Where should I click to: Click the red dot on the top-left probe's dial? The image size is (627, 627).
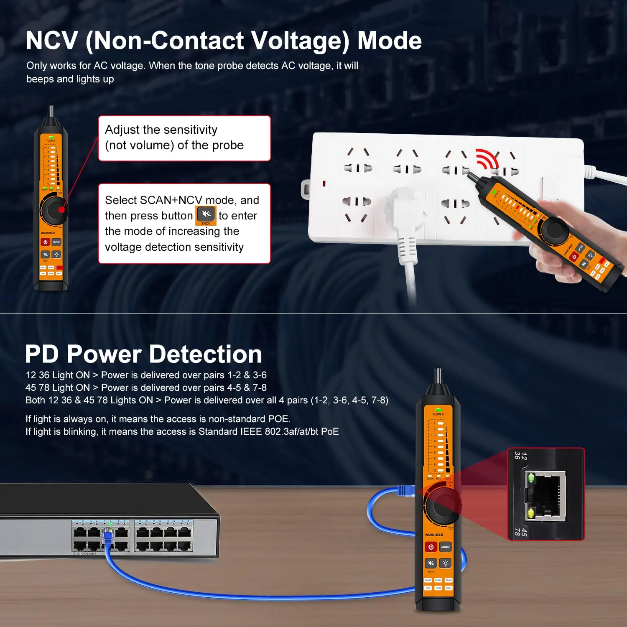pos(62,209)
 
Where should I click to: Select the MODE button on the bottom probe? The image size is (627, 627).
pos(446,547)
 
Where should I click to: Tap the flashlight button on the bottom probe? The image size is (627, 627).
pos(446,563)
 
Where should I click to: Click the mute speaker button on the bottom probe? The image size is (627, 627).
pos(431,563)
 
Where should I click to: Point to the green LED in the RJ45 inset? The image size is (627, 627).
pos(531,477)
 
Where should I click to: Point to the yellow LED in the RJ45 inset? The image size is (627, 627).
pos(531,513)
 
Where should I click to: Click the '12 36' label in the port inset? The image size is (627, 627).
pos(520,456)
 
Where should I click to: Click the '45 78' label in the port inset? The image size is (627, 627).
pos(520,531)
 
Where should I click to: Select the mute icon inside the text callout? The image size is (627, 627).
pos(206,214)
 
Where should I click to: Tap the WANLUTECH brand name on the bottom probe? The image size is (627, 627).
pos(434,535)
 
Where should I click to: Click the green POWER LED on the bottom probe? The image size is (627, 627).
pos(438,410)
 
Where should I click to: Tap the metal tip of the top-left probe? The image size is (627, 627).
pos(51,111)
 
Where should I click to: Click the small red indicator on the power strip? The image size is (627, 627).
pos(324,184)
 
